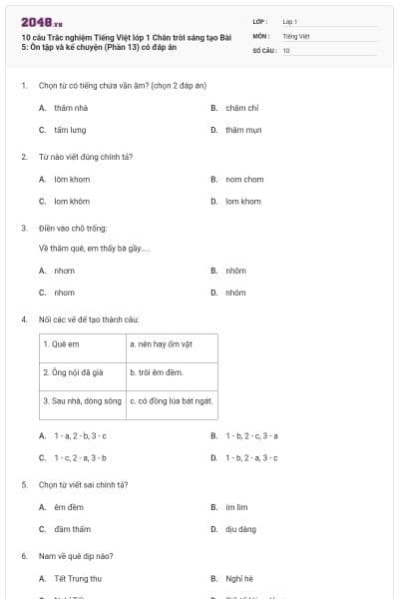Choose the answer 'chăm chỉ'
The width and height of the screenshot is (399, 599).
pos(242,107)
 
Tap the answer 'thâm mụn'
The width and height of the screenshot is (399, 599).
pos(242,130)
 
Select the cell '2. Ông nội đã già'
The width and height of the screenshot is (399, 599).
pos(72,372)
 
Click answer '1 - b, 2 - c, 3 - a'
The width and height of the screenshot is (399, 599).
pos(251,435)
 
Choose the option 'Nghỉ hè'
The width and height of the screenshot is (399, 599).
pos(238,578)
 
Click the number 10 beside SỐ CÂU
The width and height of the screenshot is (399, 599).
pos(286,49)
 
